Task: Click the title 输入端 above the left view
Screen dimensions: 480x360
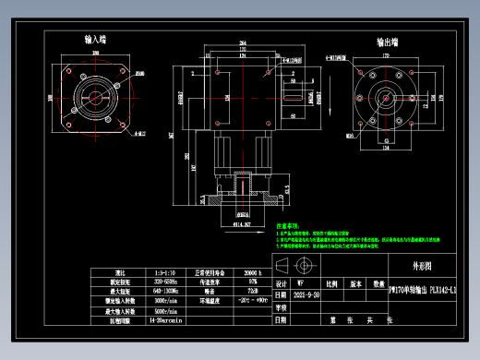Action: point(95,41)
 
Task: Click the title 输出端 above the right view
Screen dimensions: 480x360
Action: point(387,42)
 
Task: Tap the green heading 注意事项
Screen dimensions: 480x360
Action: point(289,225)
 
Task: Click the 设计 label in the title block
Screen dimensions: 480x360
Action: point(282,284)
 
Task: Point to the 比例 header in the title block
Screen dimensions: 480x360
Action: point(330,284)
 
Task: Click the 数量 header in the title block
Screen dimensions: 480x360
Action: point(378,284)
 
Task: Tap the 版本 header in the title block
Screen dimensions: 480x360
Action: point(354,284)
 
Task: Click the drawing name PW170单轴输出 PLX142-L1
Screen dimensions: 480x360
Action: point(423,290)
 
